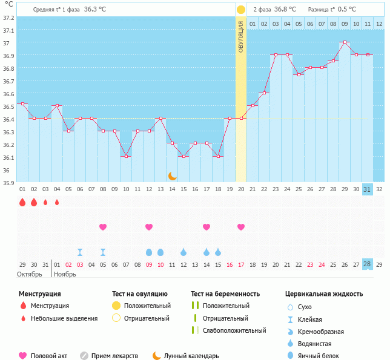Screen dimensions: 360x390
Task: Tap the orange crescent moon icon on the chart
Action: (173, 175)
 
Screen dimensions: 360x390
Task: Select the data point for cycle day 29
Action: (344, 42)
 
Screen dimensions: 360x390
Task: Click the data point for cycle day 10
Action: (126, 156)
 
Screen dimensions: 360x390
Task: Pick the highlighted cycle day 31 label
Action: (367, 189)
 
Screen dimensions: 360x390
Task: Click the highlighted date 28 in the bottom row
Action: (367, 264)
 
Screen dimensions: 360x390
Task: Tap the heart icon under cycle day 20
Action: (241, 227)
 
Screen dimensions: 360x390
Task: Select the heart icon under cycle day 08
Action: (103, 227)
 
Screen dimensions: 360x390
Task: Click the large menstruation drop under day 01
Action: (22, 202)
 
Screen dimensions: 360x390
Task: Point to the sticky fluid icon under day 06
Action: (80, 252)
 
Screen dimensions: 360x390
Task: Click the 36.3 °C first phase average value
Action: (94, 9)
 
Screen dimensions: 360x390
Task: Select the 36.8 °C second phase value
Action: (285, 9)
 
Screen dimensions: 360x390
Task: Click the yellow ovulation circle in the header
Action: (241, 9)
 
